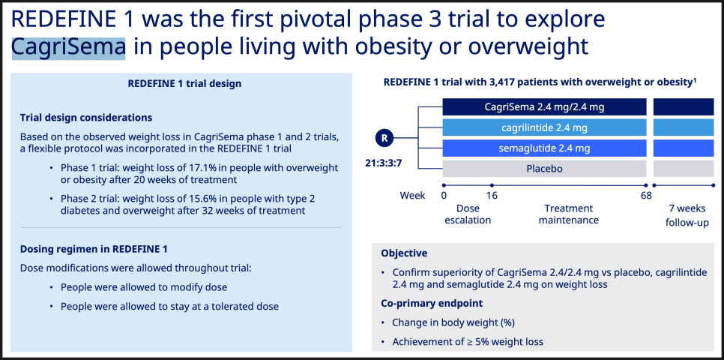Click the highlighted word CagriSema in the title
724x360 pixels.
pyautogui.click(x=68, y=47)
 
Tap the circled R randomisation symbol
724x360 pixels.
pyautogui.click(x=384, y=138)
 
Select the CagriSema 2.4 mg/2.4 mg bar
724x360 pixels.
pyautogui.click(x=544, y=107)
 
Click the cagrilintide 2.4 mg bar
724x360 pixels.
pyautogui.click(x=544, y=127)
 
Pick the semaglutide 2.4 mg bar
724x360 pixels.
pyautogui.click(x=544, y=148)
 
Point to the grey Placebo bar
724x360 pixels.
pyautogui.click(x=544, y=169)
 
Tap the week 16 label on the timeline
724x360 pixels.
pyautogui.click(x=492, y=196)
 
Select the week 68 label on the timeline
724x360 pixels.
pyautogui.click(x=646, y=196)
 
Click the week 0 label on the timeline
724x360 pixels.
pyautogui.click(x=444, y=196)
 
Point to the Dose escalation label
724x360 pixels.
pyautogui.click(x=467, y=214)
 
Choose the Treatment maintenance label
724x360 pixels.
pyautogui.click(x=568, y=214)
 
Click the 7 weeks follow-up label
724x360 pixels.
pyautogui.click(x=687, y=215)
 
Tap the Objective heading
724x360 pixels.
pyautogui.click(x=404, y=253)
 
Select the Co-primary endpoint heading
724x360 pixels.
pyautogui.click(x=432, y=303)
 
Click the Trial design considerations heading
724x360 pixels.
pyautogui.click(x=86, y=118)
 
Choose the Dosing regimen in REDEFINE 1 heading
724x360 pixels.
pyautogui.click(x=94, y=249)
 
